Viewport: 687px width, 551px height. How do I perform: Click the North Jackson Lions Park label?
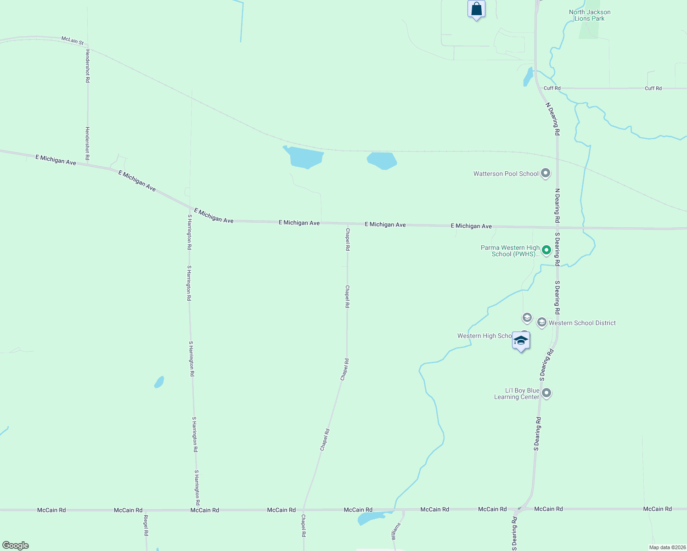point(590,15)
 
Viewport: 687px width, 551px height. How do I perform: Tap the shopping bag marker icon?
point(476,9)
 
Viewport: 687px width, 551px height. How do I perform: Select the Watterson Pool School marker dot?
point(546,174)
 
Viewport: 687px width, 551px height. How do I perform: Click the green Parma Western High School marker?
point(546,250)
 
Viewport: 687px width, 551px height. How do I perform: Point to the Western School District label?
point(582,323)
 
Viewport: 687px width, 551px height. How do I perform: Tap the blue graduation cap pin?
point(521,341)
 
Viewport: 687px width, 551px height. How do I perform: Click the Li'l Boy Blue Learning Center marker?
point(546,393)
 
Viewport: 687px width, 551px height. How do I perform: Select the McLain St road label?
point(73,41)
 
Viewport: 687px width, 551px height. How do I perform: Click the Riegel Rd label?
point(146,525)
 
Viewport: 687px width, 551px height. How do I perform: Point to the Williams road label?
point(396,531)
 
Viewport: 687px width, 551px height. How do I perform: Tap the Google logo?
point(16,545)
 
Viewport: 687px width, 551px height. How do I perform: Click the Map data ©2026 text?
point(667,547)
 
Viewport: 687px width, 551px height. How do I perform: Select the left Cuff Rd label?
point(552,88)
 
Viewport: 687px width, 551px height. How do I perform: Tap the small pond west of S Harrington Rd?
point(159,382)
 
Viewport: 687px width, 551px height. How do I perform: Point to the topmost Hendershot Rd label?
point(87,66)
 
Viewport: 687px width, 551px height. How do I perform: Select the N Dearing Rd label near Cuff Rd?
point(552,118)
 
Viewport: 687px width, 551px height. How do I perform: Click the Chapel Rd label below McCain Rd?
point(303,525)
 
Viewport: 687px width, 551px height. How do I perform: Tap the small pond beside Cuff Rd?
point(528,77)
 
